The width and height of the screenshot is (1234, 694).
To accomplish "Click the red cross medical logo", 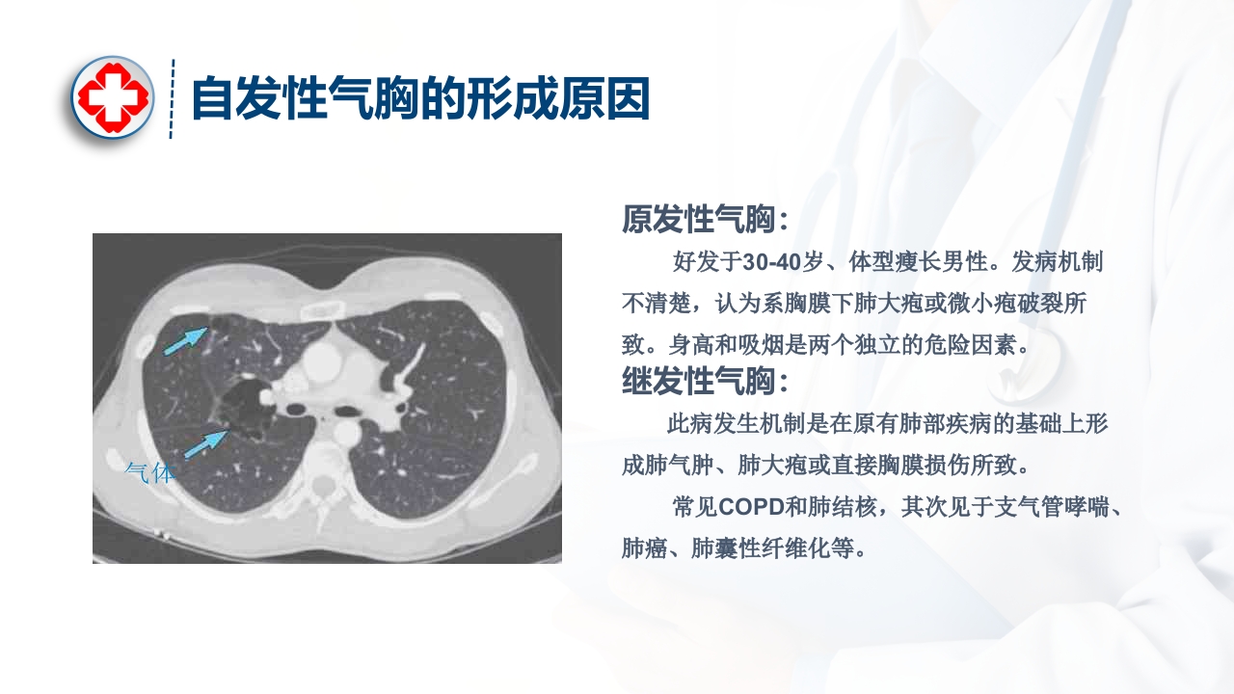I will [113, 96].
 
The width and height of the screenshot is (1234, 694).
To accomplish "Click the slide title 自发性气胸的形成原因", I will [420, 98].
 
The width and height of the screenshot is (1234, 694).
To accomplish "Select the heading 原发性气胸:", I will [705, 220].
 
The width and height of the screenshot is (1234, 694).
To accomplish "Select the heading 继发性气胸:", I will [705, 382].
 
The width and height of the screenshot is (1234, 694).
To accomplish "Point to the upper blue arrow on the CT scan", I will [186, 340].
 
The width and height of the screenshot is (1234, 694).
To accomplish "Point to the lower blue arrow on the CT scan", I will [205, 443].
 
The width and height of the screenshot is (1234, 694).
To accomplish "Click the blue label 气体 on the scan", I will [151, 471].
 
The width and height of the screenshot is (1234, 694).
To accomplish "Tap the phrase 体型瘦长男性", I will [919, 262].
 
